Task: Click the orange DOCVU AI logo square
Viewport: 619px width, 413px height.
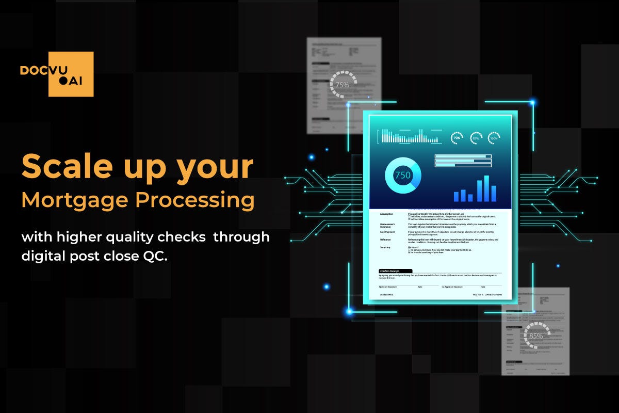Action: (71, 74)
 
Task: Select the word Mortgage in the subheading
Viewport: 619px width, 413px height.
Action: (74, 201)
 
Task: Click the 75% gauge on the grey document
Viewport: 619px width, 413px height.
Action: (343, 85)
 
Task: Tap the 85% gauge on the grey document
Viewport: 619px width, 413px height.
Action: (536, 336)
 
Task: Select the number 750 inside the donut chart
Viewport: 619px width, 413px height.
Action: (402, 176)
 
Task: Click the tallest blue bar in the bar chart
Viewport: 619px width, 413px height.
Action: (486, 188)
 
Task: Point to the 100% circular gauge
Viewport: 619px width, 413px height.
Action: (494, 138)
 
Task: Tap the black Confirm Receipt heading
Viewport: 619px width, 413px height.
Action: (395, 271)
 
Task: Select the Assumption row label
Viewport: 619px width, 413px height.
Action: (387, 214)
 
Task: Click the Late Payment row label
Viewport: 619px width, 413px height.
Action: (388, 232)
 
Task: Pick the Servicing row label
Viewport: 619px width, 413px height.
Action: (385, 247)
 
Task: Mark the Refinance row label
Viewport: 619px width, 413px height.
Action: (386, 240)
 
